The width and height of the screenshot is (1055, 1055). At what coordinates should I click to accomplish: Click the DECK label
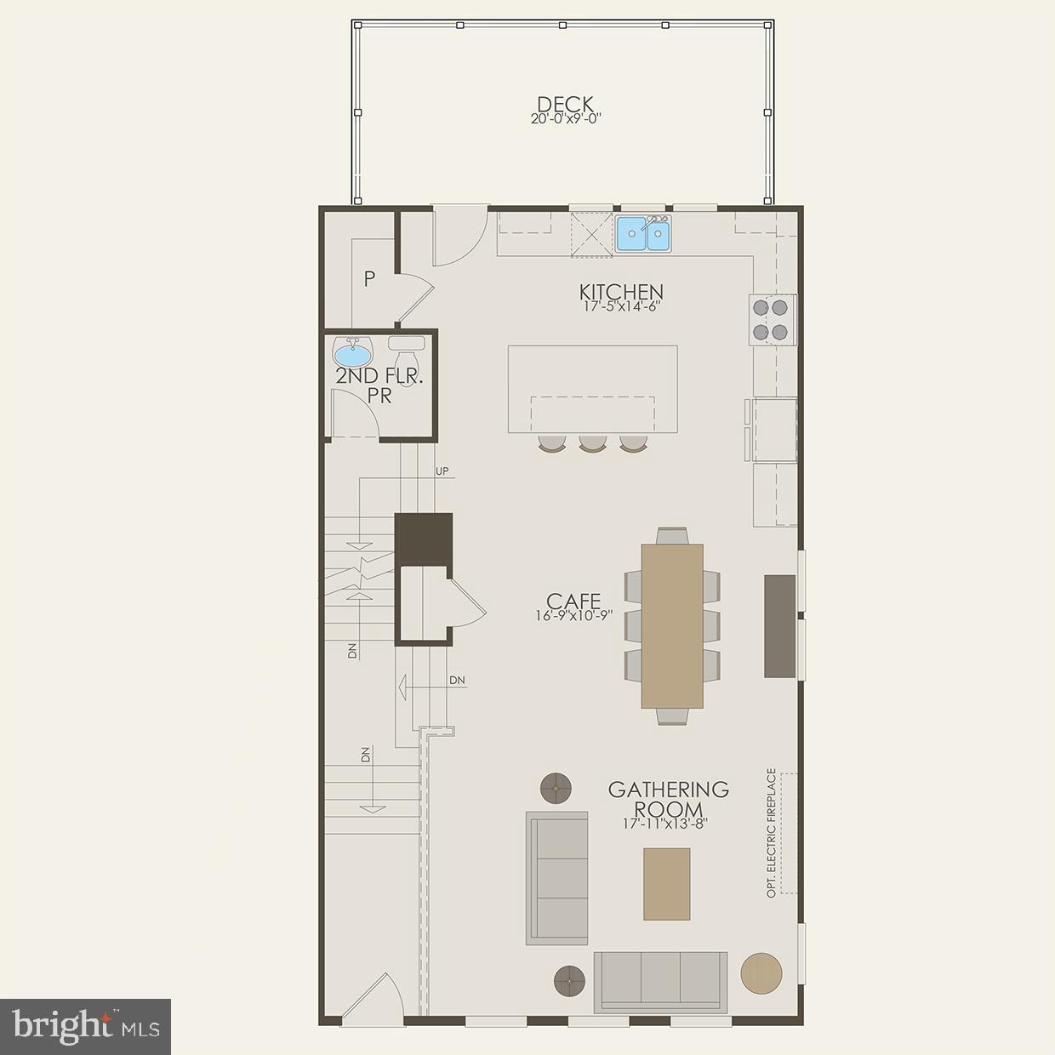click(x=566, y=105)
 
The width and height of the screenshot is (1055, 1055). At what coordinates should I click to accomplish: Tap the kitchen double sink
click(x=643, y=234)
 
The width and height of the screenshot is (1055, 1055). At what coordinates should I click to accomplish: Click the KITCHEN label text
click(x=621, y=293)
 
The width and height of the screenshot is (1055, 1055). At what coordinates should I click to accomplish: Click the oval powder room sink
click(x=352, y=351)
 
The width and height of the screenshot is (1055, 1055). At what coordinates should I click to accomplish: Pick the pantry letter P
click(x=369, y=279)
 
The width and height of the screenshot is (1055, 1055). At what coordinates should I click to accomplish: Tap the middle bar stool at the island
click(x=592, y=443)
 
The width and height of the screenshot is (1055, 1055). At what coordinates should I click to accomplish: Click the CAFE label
click(x=573, y=602)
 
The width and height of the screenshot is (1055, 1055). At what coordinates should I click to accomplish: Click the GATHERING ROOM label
click(x=668, y=800)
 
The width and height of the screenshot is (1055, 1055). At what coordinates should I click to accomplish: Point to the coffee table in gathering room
click(x=666, y=883)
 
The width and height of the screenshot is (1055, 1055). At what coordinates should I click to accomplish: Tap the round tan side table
click(x=761, y=972)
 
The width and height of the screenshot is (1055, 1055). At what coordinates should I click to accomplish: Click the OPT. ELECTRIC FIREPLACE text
click(x=772, y=833)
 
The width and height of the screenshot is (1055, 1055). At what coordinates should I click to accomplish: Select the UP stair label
click(x=442, y=470)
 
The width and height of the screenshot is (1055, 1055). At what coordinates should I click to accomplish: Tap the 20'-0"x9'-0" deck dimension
click(x=566, y=120)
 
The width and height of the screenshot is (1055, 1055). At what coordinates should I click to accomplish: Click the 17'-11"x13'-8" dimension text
click(x=665, y=824)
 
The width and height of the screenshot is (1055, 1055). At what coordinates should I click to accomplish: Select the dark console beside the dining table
click(x=779, y=626)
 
